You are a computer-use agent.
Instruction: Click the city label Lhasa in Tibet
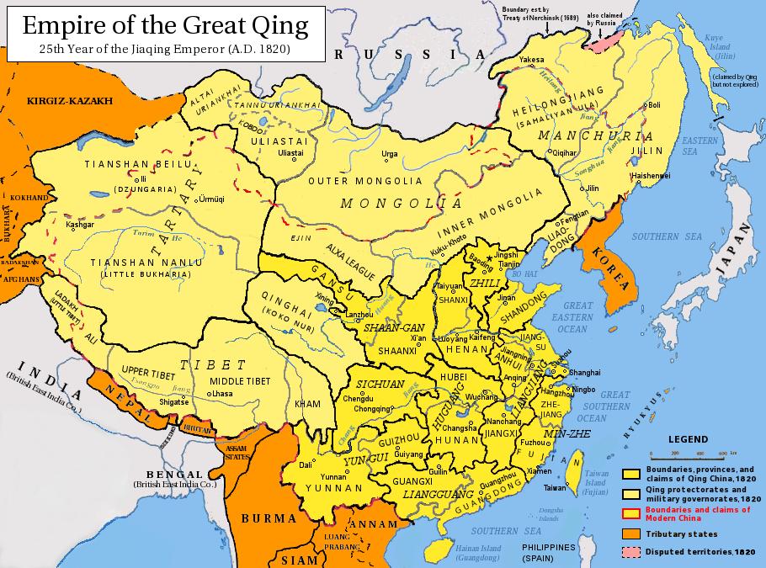(222, 393)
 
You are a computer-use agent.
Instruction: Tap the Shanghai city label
(585, 372)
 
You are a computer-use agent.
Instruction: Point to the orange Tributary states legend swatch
(632, 533)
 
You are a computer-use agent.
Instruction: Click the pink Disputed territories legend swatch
(632, 552)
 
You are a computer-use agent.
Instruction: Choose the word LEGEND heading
(688, 439)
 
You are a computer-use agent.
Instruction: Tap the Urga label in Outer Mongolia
(389, 154)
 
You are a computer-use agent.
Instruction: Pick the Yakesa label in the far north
(531, 60)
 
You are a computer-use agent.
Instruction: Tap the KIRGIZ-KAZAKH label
(69, 100)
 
